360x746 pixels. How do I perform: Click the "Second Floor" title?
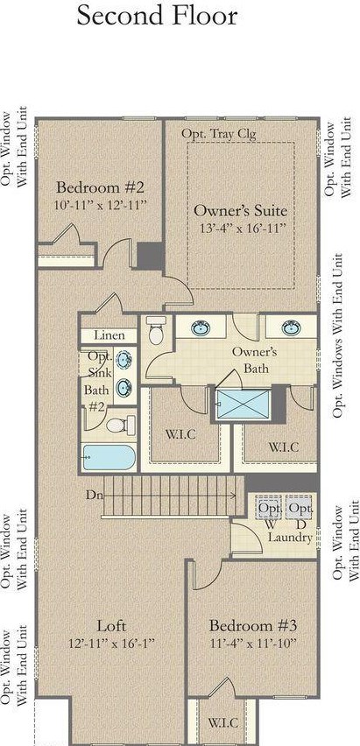(157, 16)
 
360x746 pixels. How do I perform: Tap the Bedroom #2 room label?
(100, 187)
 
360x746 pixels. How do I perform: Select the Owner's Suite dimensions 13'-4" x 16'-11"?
(243, 228)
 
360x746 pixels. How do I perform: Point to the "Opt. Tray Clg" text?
(219, 134)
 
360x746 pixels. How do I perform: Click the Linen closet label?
(109, 335)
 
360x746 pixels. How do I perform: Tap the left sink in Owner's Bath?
(201, 327)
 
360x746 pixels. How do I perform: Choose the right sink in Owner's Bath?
(291, 327)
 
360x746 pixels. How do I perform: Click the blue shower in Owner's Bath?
(243, 405)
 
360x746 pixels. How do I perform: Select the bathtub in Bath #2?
(109, 457)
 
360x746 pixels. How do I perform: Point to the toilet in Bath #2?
(121, 425)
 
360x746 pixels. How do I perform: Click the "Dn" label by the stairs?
(94, 495)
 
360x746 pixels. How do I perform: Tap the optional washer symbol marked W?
(269, 508)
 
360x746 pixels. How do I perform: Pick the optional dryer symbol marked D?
(300, 508)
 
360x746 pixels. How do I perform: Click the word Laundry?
(290, 538)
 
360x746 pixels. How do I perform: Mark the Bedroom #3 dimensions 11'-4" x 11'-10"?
(253, 644)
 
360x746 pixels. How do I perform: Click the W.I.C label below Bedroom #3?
(222, 722)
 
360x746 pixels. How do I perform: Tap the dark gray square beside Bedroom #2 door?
(151, 256)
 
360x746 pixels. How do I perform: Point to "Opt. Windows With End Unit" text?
(337, 335)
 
